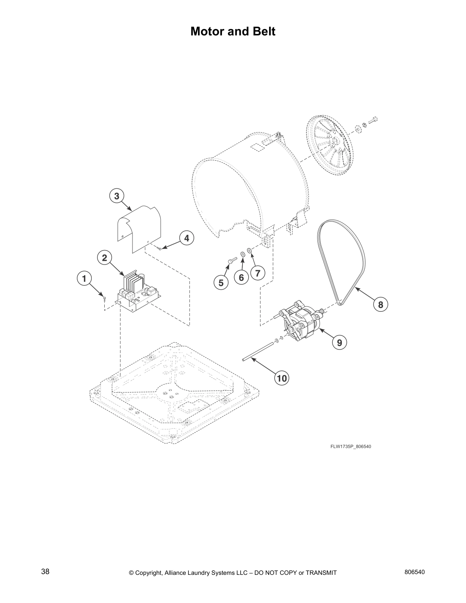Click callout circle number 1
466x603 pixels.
84,279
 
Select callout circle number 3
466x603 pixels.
116,196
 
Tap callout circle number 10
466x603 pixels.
282,378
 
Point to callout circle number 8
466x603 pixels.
380,304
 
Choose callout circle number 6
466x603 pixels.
241,278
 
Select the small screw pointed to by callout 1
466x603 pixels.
104,298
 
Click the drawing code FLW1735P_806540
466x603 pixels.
351,447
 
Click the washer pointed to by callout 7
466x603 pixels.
249,250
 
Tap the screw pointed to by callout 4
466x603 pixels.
159,248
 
